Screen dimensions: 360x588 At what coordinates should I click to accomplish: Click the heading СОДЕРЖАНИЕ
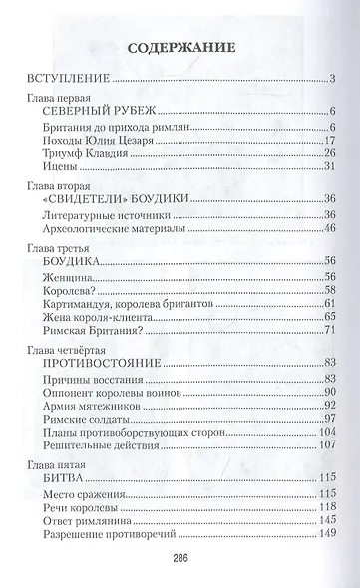coord(180,46)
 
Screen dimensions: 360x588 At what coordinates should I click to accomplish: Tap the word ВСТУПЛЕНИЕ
coord(67,79)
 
